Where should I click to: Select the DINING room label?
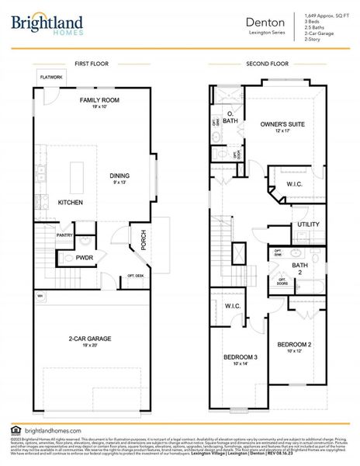119,176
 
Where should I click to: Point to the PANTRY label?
64,235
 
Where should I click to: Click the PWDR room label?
84,256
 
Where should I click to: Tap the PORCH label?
143,240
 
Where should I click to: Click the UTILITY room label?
307,224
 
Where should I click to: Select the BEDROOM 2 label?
295,344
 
